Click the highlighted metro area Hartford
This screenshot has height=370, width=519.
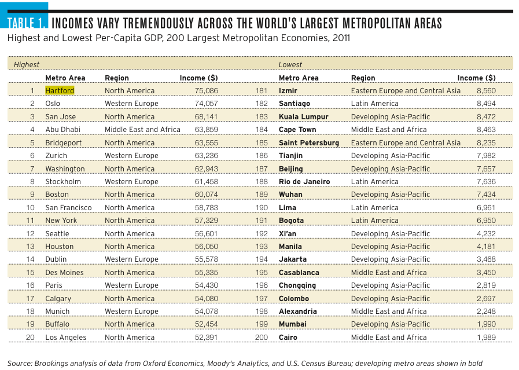point(60,90)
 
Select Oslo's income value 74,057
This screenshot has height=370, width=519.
point(206,103)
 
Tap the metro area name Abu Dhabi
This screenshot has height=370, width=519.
point(63,130)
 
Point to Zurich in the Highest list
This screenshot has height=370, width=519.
point(56,156)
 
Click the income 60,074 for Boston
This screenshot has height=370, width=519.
point(206,195)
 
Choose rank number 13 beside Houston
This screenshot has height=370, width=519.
point(31,247)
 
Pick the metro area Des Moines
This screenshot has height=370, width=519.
point(65,272)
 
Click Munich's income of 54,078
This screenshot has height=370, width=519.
point(206,312)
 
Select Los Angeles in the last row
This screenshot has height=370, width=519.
point(66,337)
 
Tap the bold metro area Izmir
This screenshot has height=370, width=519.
point(288,90)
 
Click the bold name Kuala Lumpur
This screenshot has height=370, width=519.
point(304,116)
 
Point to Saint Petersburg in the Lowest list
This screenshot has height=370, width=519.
point(309,143)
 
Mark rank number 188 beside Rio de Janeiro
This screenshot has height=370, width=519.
point(262,181)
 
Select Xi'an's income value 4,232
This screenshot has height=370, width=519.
point(486,233)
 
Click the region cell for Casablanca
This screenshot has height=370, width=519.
point(389,272)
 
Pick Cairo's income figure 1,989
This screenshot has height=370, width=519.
point(486,337)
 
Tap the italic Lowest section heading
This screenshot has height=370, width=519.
point(290,65)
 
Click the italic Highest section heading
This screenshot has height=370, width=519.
point(27,65)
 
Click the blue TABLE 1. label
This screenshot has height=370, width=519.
point(26,23)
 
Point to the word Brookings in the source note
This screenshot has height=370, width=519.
point(50,364)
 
